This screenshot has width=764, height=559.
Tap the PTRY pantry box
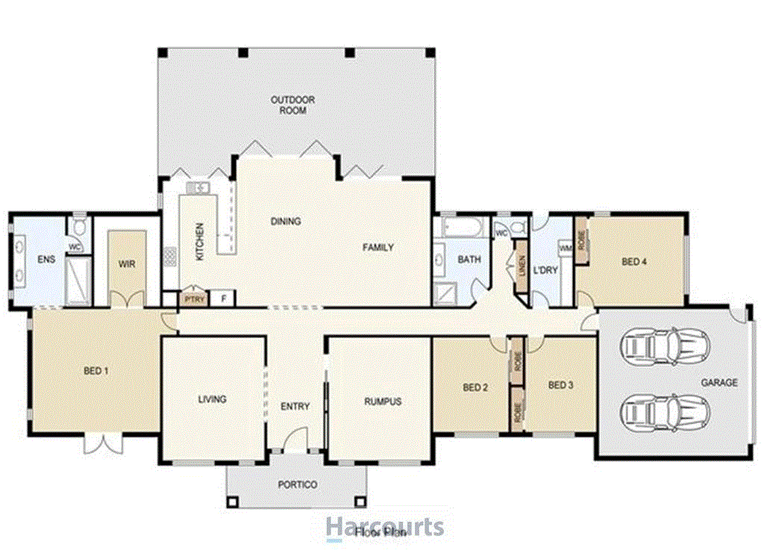192,298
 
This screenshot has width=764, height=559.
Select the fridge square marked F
222,299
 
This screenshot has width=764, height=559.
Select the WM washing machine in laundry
565,246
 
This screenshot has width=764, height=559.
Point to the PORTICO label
298,485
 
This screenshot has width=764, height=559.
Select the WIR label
126,263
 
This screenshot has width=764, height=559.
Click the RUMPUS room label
383,402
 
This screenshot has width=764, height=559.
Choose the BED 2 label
475,387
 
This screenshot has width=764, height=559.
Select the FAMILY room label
378,247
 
